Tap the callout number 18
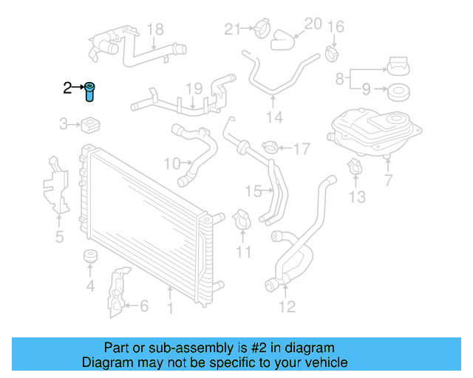[x=154, y=30]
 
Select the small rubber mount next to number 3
[x=92, y=122]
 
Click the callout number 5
[x=59, y=236]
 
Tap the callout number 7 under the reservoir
[x=389, y=180]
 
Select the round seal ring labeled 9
[x=398, y=92]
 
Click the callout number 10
[x=171, y=162]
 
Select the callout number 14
[x=274, y=117]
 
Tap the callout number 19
[x=194, y=89]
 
